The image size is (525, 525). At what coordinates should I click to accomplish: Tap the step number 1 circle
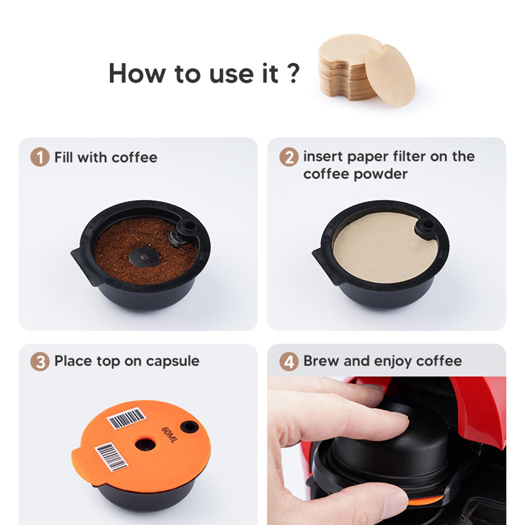[40, 157]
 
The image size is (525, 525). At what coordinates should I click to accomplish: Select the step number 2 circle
[289, 157]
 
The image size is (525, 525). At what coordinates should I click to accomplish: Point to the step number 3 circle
[40, 362]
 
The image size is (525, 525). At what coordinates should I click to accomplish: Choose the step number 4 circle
[289, 362]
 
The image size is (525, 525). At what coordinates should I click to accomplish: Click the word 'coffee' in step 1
[134, 157]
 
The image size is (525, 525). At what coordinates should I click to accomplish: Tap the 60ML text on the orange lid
[169, 435]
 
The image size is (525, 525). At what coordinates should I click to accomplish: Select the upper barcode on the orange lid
[126, 418]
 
